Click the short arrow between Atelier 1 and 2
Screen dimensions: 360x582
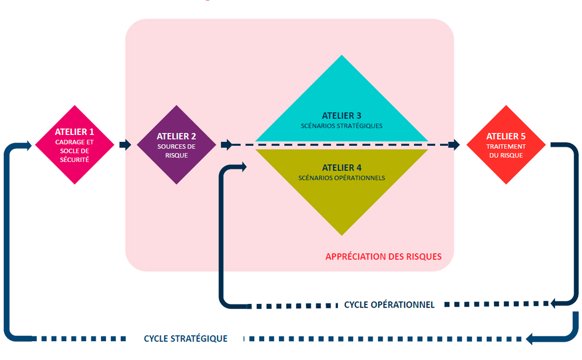125,145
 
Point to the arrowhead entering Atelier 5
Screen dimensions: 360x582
455,145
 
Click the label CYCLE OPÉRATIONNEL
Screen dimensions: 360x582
389,305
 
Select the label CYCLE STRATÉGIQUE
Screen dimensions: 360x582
186,339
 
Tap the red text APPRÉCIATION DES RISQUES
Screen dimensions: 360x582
383,257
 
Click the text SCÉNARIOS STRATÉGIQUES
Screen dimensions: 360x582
342,126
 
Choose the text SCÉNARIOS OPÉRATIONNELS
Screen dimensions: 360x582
342,178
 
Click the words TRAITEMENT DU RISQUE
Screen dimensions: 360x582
506,151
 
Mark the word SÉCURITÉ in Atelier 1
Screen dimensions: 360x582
75,160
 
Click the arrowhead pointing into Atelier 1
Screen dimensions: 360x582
27,145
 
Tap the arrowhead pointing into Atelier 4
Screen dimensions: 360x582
242,167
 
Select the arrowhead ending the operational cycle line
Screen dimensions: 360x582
554,304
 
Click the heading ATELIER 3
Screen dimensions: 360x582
342,116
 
